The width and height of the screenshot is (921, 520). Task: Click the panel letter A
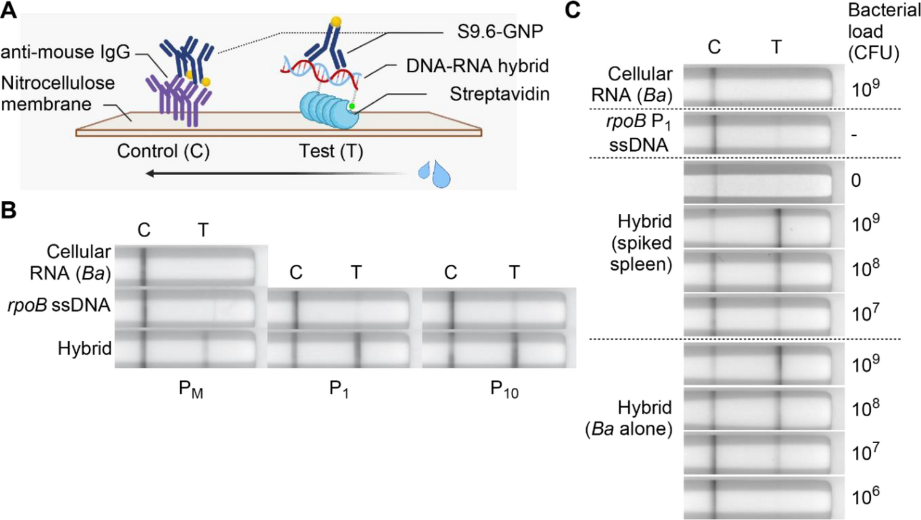[9, 10]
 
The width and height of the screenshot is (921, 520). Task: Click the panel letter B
[9, 210]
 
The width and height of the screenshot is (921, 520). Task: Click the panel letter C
[573, 10]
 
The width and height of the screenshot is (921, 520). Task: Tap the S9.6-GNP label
[500, 32]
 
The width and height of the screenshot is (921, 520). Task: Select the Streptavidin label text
[499, 94]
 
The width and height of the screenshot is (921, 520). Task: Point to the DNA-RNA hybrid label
[477, 66]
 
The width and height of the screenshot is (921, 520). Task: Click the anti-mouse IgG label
[65, 52]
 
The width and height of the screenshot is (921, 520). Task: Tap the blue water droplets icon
[435, 173]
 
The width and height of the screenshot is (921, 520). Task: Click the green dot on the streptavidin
[351, 106]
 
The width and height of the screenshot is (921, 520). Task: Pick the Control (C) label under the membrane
[163, 151]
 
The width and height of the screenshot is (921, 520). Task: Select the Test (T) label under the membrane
[331, 151]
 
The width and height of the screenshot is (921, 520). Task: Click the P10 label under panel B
[504, 389]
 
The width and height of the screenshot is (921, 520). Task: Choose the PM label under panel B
[190, 389]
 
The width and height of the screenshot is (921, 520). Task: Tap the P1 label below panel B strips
[339, 389]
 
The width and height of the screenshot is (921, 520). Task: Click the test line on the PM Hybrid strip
[206, 349]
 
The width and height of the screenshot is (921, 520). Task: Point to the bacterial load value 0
[856, 181]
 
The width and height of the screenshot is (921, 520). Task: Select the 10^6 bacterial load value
[865, 495]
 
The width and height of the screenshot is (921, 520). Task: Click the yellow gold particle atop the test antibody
[335, 22]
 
